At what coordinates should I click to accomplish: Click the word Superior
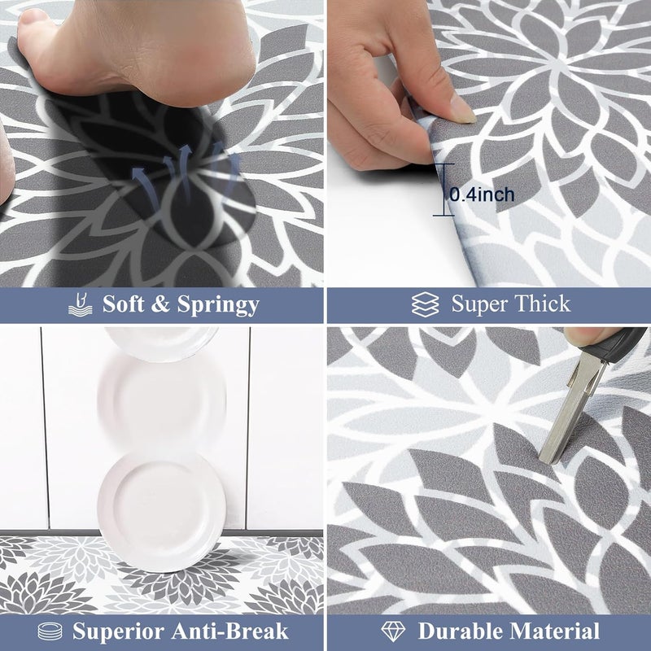pyautogui.click(x=111, y=631)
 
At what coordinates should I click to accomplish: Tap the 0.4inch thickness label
pyautogui.click(x=482, y=194)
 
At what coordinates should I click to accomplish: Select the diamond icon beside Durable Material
pyautogui.click(x=393, y=631)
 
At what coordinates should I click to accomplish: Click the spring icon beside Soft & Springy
pyautogui.click(x=79, y=305)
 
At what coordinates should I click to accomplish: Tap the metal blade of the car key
pyautogui.click(x=566, y=415)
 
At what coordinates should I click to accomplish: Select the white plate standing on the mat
pyautogui.click(x=162, y=500)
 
